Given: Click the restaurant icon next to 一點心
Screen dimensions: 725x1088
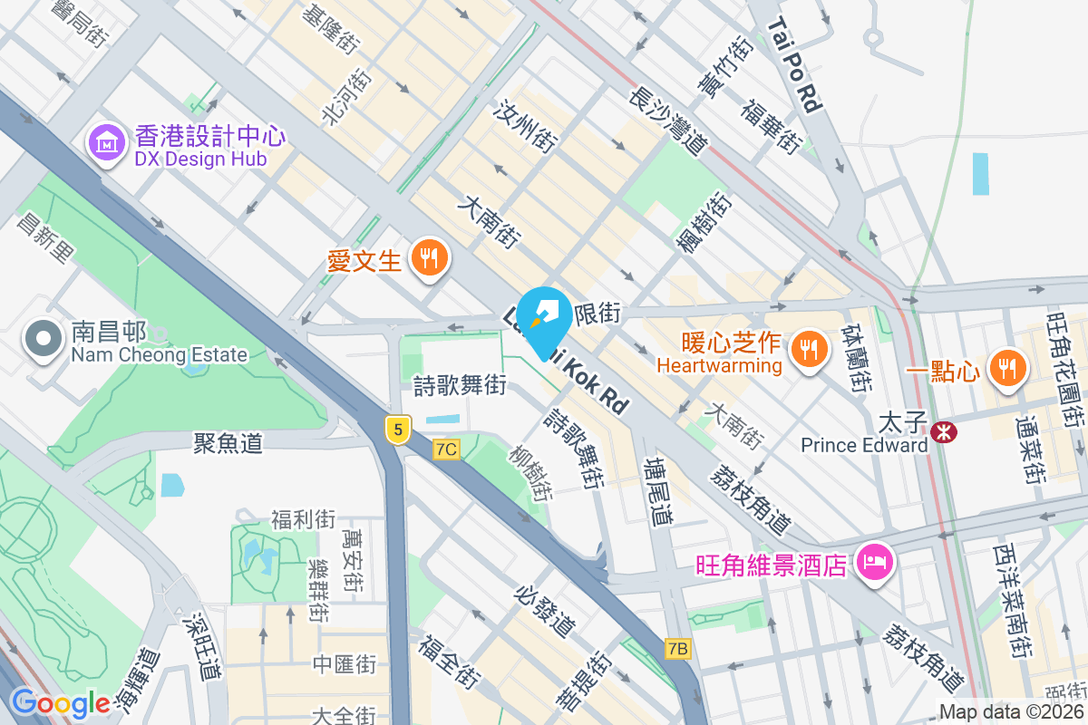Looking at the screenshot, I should (x=1006, y=367).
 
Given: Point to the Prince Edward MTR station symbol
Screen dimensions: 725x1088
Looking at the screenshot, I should (x=944, y=432).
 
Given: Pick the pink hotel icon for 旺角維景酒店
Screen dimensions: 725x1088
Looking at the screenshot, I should (x=875, y=562).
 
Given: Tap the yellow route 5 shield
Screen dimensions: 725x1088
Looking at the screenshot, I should (x=396, y=429).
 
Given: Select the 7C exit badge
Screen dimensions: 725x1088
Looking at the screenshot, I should (x=446, y=449).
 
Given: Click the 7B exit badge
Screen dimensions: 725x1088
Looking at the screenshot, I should (x=677, y=648).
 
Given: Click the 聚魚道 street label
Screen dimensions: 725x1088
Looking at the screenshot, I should (x=228, y=443).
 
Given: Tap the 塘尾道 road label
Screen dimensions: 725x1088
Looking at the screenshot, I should (x=657, y=491).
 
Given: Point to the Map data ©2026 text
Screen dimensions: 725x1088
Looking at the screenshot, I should (x=1010, y=712).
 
